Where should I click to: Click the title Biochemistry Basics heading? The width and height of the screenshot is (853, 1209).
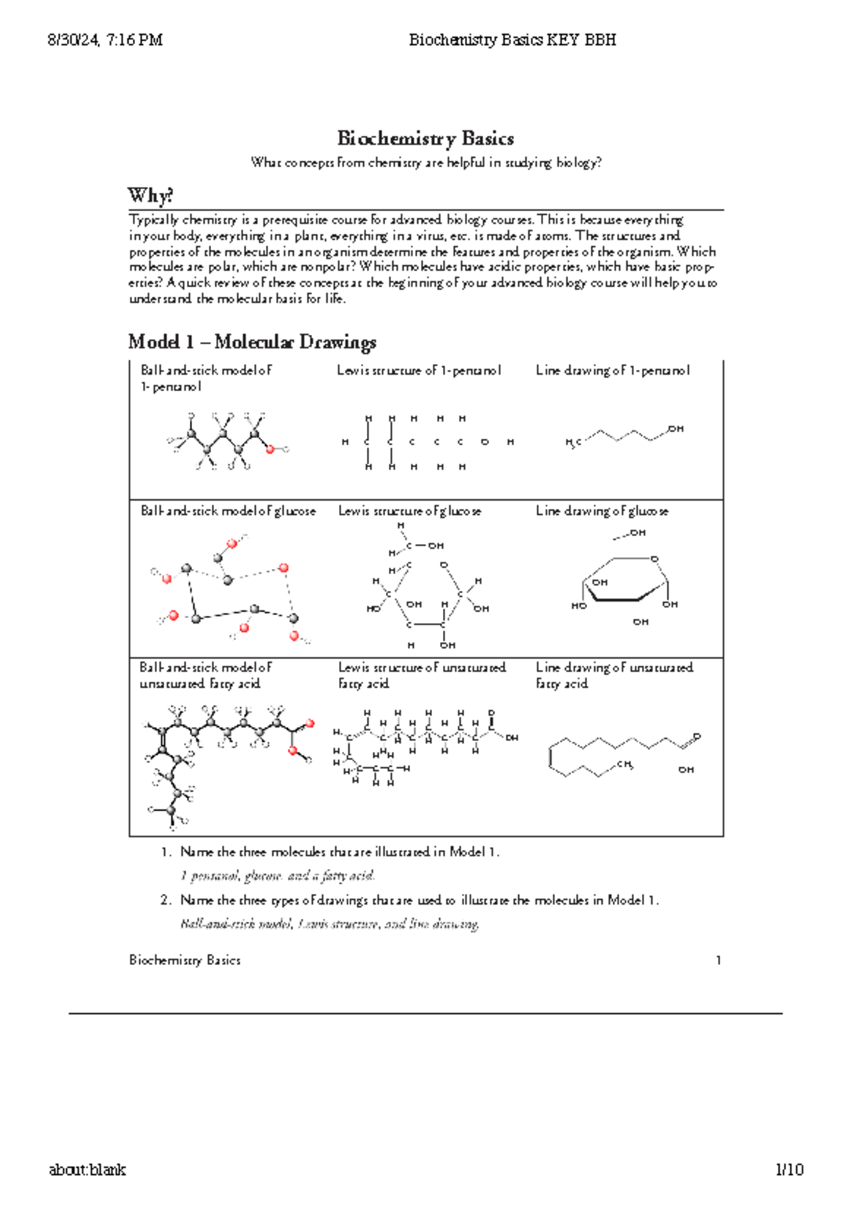425,138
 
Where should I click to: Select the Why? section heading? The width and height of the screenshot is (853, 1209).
150,196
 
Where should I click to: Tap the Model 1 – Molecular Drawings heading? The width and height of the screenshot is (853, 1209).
252,342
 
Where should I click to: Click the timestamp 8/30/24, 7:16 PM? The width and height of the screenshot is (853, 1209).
105,40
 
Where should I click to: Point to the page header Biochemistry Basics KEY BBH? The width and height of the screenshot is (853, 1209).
512,40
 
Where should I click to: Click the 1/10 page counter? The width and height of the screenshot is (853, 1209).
789,1170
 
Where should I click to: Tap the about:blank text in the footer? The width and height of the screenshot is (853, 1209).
87,1170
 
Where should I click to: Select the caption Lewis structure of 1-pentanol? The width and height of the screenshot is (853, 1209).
419,371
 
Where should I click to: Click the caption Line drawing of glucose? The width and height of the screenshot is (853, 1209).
601,511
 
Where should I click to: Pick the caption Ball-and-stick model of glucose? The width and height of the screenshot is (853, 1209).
227,511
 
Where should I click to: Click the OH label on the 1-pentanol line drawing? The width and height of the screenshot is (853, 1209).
675,429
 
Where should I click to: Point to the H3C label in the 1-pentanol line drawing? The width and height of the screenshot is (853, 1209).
573,443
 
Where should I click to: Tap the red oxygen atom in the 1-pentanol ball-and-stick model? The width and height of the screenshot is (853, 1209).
269,449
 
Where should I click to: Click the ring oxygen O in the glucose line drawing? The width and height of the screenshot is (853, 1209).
655,559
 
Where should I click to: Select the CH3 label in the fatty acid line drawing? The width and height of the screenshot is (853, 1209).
625,765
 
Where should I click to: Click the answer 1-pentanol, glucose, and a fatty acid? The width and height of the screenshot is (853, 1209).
277,875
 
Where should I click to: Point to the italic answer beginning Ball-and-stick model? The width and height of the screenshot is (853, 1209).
330,925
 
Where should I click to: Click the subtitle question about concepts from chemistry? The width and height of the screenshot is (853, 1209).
426,163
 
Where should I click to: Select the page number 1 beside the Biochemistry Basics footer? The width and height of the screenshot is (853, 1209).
719,961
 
